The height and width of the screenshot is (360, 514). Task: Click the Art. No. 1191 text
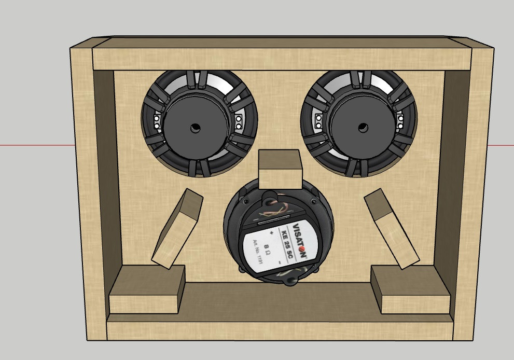tap(258, 251)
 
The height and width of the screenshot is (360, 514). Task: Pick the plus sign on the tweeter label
tap(271, 233)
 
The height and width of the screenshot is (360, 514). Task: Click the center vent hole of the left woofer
tap(195, 128)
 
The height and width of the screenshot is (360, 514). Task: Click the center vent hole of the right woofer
tap(363, 128)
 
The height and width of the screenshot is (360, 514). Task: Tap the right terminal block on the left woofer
tap(239, 122)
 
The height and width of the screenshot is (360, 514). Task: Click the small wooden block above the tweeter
tap(280, 170)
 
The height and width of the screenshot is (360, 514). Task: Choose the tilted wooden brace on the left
tap(176, 228)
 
